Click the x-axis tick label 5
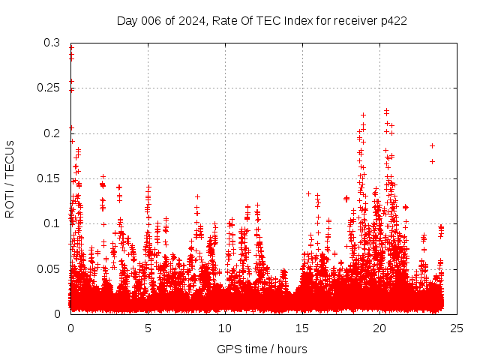pyautogui.click(x=148, y=328)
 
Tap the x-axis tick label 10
pyautogui.click(x=225, y=328)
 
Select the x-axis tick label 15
pyautogui.click(x=302, y=328)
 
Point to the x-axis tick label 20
pyautogui.click(x=379, y=328)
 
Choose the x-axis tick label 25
pyautogui.click(x=457, y=328)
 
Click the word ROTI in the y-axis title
pyautogui.click(x=10, y=203)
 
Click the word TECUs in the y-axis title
pyautogui.click(x=10, y=158)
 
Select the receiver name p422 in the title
pyautogui.click(x=394, y=20)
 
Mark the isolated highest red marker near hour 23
pyautogui.click(x=432, y=145)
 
